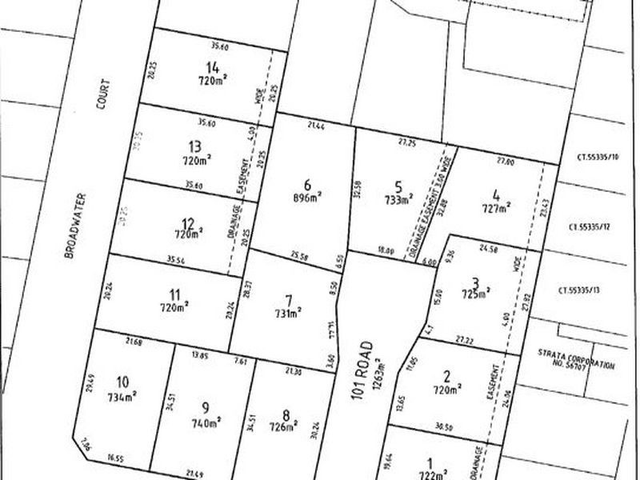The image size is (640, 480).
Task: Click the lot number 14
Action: coord(213,67)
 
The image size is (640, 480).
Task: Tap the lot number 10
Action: coord(122,380)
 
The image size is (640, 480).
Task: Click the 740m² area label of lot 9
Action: coord(206,421)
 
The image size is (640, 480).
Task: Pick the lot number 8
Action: coord(286,414)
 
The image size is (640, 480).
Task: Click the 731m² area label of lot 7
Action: coord(288,314)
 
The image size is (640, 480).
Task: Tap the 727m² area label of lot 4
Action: coord(495,209)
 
